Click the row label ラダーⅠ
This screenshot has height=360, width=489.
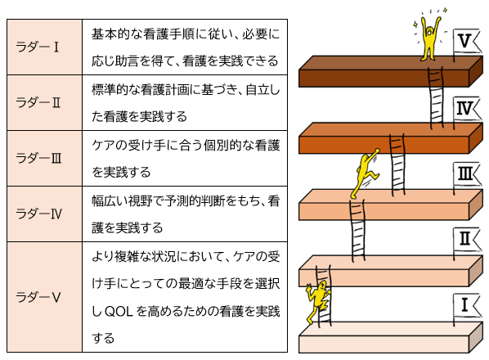pos(37,47)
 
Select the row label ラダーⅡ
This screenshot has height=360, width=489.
pos(38,102)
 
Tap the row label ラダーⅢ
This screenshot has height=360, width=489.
pos(38,158)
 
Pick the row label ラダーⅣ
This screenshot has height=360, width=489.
pos(38,214)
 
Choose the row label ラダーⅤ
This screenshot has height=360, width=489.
pos(38,297)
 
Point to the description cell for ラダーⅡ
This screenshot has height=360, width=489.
pos(185,102)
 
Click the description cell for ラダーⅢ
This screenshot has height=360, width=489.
pos(185,158)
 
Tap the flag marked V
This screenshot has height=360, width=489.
pos(467,41)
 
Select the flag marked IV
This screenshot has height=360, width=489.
pos(467,109)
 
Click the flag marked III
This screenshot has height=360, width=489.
pos(467,174)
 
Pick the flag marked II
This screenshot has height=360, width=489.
pos(467,240)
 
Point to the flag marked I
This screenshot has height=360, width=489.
pos(467,305)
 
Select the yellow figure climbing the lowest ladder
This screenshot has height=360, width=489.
pos(317,302)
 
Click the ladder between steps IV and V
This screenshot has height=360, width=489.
pos(436,97)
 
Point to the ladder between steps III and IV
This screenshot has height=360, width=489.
pos(397,165)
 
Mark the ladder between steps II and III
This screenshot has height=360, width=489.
pos(357,231)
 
